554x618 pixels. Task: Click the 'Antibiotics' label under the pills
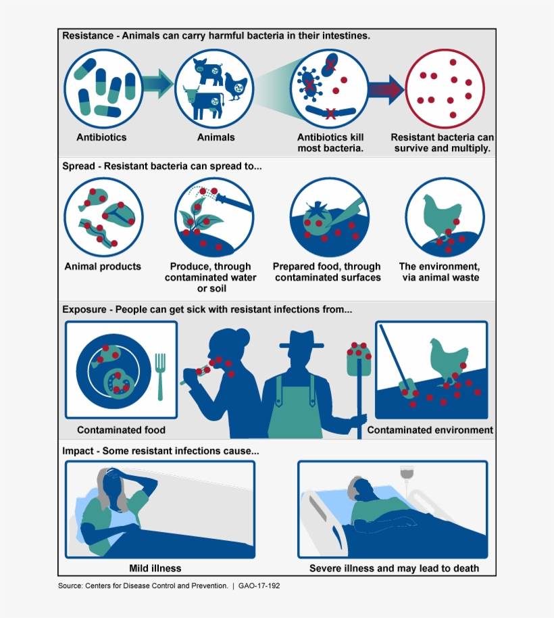point(101,137)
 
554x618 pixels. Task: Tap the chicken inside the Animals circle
point(236,86)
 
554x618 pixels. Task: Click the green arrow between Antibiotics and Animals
point(156,83)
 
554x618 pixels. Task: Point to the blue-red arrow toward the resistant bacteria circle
point(385,89)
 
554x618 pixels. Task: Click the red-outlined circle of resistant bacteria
point(445,88)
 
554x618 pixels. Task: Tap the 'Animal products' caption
point(103,266)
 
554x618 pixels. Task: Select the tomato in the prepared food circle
point(317,218)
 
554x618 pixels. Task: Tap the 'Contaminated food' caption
point(121,430)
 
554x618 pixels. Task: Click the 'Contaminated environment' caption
point(430,430)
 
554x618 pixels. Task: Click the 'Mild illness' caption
point(155,568)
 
